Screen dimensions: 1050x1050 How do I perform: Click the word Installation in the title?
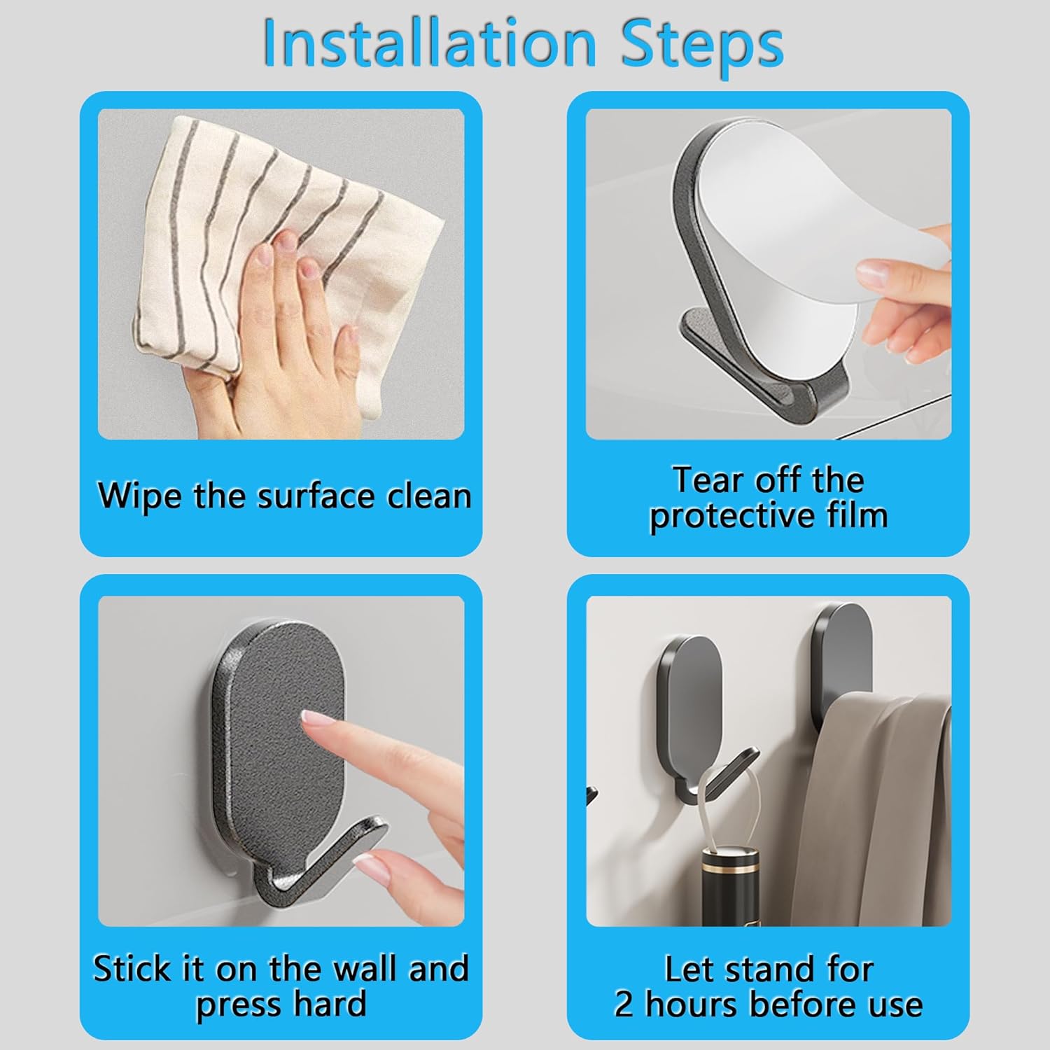coord(428,43)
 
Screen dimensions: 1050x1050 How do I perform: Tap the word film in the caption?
coord(856,516)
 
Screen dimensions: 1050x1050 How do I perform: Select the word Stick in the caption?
coord(132,969)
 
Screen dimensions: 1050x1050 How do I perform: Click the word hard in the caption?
coord(330,1004)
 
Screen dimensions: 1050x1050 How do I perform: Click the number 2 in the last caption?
coord(623,1004)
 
